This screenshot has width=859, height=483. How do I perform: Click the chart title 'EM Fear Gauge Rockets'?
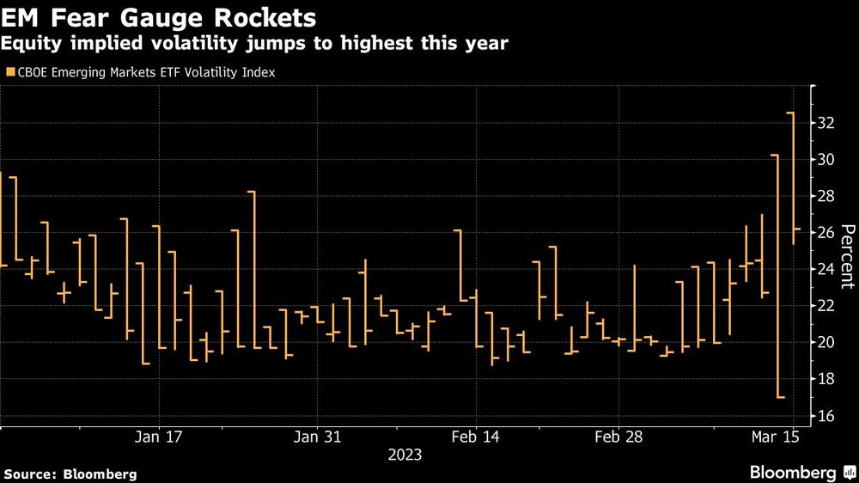point(158,16)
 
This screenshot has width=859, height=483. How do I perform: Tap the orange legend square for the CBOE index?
point(10,73)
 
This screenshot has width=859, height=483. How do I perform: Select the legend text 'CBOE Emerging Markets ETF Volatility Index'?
point(146,73)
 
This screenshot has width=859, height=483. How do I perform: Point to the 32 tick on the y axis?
point(826,124)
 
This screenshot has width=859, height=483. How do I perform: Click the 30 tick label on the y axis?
point(826,160)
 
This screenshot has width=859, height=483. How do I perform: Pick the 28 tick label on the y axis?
point(826,197)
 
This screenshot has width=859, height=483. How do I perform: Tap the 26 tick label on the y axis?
point(826,233)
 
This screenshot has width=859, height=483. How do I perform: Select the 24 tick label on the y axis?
point(826,270)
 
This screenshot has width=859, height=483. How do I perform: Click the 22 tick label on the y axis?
point(826,306)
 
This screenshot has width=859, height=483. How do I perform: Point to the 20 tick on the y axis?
point(826,343)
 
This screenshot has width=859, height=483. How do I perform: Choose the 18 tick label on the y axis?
point(826,379)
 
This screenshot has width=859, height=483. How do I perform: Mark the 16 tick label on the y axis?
point(826,416)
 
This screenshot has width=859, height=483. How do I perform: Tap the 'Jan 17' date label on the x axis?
point(159,437)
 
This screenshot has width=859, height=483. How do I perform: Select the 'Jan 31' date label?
point(318,437)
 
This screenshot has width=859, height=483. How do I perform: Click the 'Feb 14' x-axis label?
point(475,437)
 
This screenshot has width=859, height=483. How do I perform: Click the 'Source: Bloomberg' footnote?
point(70,474)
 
